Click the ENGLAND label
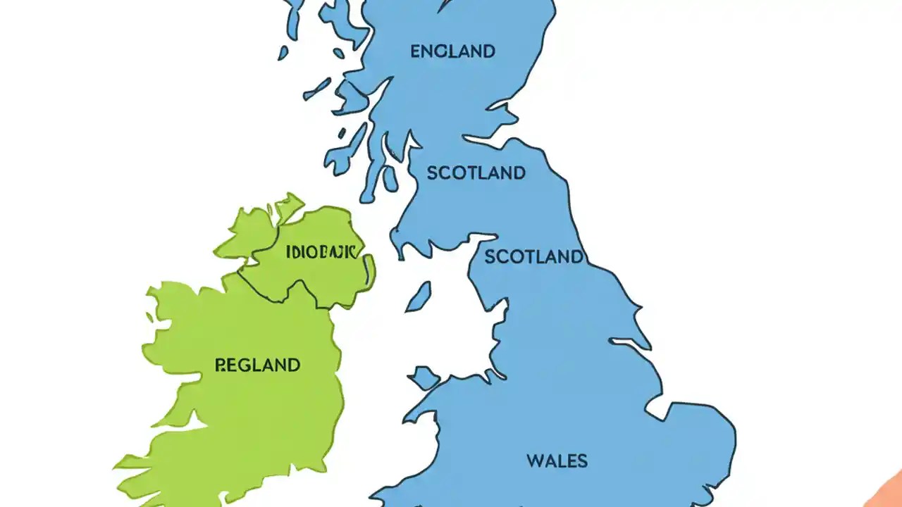(x=452, y=51)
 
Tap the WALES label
(x=557, y=461)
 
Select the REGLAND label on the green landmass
(x=257, y=365)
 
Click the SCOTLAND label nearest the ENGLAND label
(x=476, y=173)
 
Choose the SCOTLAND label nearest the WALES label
(x=534, y=257)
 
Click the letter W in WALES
(x=534, y=461)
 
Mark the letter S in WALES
(x=581, y=461)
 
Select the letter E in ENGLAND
(x=416, y=51)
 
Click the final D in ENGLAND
(x=489, y=51)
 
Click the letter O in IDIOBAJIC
(x=315, y=252)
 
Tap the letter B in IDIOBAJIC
(x=326, y=252)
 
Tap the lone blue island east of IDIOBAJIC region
(x=418, y=296)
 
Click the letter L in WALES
(x=560, y=461)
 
